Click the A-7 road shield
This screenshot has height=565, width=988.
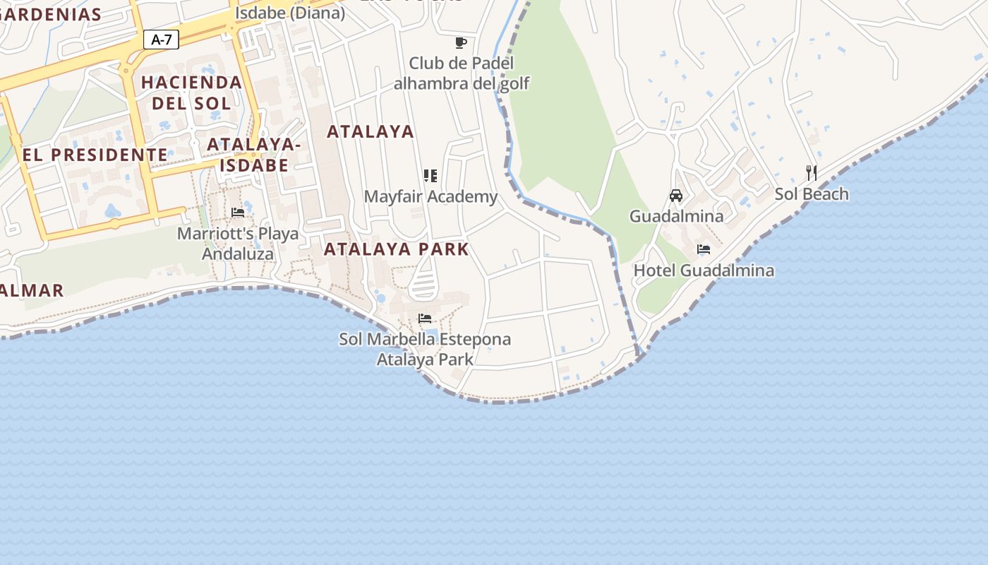[162, 40]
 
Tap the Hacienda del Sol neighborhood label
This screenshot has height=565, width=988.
[191, 93]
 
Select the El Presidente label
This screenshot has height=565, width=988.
[95, 155]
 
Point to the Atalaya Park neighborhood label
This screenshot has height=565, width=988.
[396, 249]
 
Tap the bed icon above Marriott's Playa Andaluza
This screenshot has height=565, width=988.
[238, 212]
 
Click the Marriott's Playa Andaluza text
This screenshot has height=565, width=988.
[238, 243]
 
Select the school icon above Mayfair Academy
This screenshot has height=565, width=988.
[430, 175]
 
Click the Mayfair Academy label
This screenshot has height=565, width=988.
[430, 196]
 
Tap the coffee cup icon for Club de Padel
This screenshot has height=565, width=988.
[461, 43]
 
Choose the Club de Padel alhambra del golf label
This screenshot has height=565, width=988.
[461, 73]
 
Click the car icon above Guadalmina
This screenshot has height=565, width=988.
[675, 195]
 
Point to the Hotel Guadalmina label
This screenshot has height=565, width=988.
[704, 270]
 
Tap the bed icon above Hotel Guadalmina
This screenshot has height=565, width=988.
[703, 249]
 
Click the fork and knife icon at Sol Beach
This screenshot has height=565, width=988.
[812, 172]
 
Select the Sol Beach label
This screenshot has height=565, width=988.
[812, 194]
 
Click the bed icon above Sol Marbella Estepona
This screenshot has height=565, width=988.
[425, 318]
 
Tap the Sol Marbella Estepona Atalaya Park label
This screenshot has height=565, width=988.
[425, 349]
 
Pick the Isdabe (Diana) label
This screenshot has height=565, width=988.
[290, 12]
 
